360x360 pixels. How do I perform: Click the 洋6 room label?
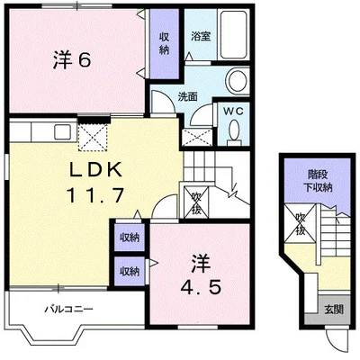[x=72, y=61]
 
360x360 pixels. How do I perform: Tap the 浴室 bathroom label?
[x=201, y=36]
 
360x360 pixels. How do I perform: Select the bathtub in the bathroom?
[x=234, y=35]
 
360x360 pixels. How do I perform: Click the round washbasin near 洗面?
[x=238, y=80]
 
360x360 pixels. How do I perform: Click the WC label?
[x=234, y=111]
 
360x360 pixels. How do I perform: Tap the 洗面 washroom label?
[x=188, y=96]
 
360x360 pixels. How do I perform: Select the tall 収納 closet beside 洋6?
[x=164, y=43]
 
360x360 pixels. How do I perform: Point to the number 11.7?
[x=95, y=195]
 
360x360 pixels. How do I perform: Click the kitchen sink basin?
[x=62, y=131]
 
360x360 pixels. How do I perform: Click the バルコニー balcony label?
[x=68, y=309]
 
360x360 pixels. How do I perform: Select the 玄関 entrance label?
[x=334, y=310]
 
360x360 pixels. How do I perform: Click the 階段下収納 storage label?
[x=318, y=181]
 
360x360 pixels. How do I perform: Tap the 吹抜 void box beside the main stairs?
[x=196, y=202]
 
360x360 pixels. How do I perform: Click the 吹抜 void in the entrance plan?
[x=300, y=223]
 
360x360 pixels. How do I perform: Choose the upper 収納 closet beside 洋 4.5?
[x=130, y=238]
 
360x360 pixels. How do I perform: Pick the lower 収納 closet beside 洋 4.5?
[x=130, y=271]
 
